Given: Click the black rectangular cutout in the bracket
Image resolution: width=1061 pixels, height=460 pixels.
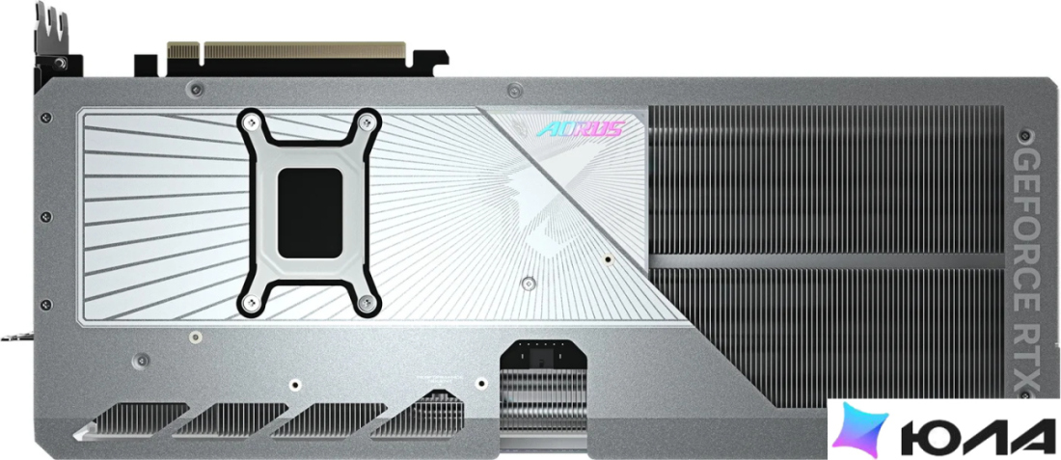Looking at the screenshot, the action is point(311,213).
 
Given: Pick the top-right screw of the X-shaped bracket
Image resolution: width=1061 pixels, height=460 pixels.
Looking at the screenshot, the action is point(367,122).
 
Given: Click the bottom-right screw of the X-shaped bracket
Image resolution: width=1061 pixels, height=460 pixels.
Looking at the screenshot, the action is point(367,303).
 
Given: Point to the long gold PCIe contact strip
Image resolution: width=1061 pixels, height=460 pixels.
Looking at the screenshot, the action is point(305,50).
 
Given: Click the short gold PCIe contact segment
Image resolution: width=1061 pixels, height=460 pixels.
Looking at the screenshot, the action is point(182,50).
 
